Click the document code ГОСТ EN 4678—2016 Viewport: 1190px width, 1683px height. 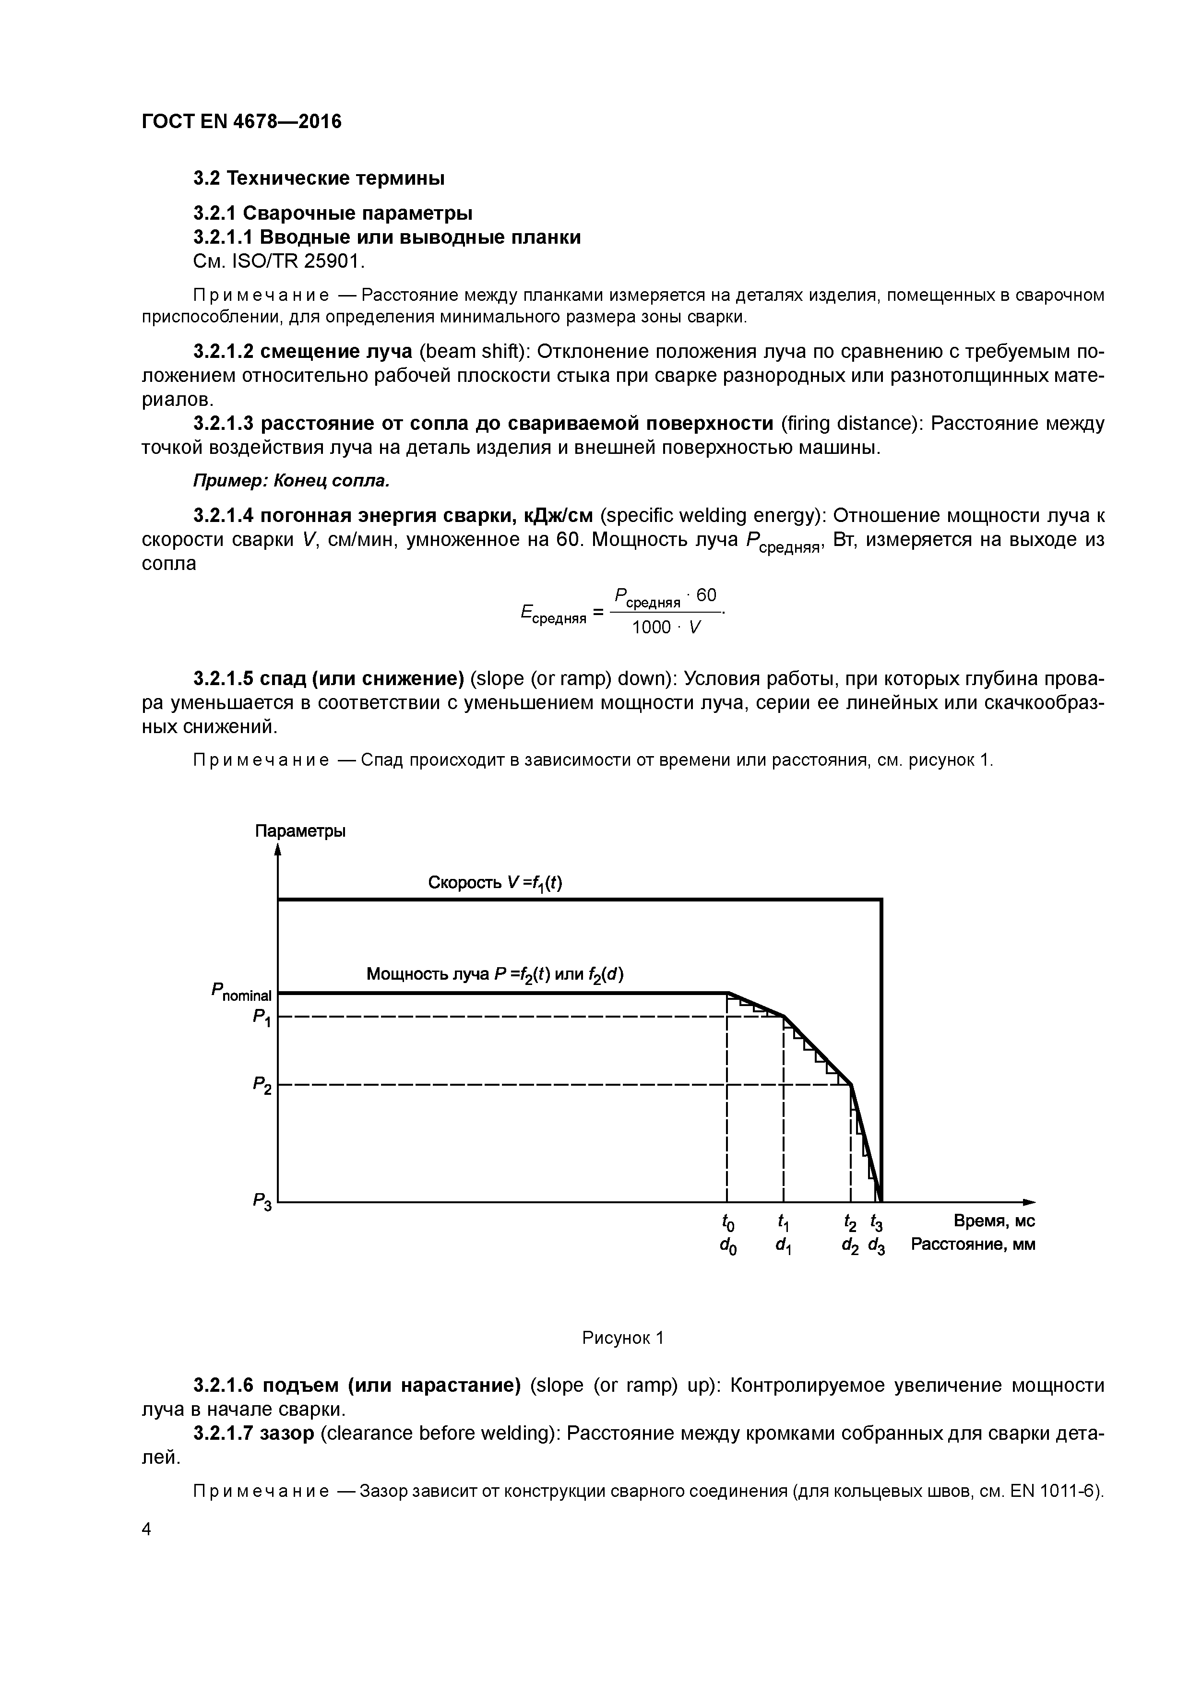[241, 122]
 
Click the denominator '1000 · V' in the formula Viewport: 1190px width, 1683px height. [666, 628]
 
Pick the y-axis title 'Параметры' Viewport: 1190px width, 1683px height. [300, 831]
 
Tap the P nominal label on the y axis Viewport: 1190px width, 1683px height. [241, 993]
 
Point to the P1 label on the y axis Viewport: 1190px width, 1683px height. [262, 1018]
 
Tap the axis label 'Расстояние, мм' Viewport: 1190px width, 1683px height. [973, 1244]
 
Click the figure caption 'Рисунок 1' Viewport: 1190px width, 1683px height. [622, 1339]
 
